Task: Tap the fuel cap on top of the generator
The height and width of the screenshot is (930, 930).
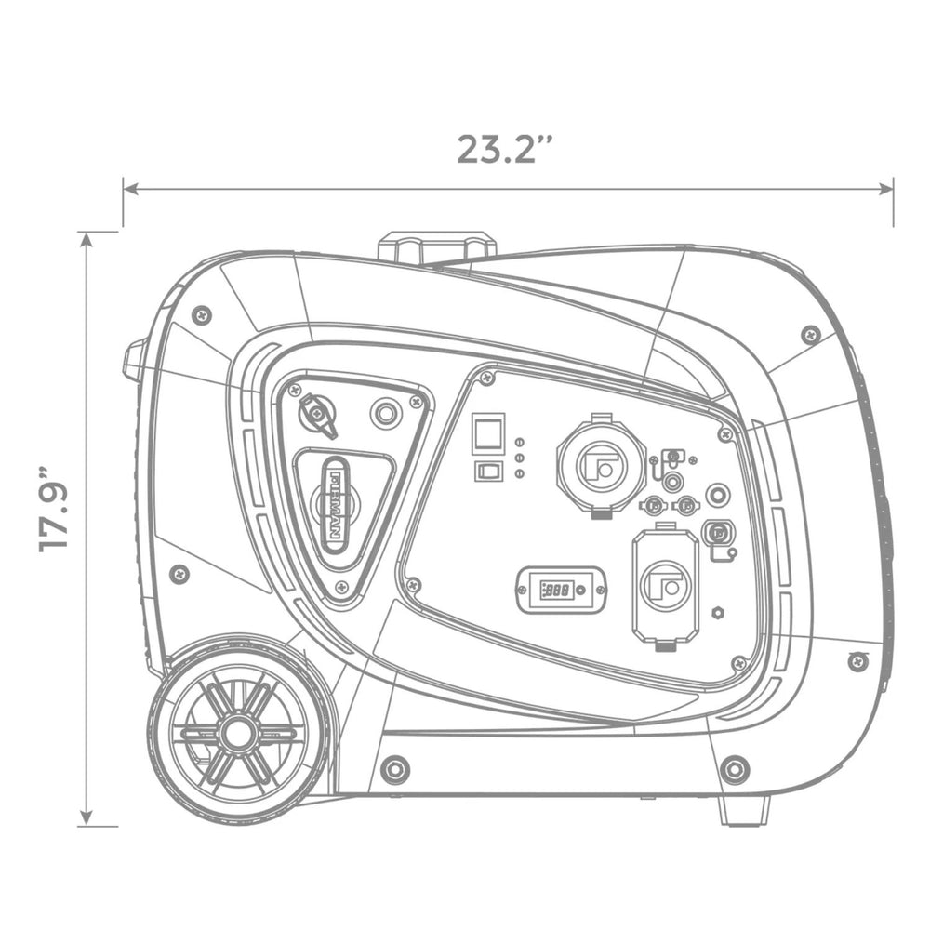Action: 436,247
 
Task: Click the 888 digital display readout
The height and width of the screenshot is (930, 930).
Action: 559,590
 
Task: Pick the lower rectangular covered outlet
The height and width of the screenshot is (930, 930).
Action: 665,586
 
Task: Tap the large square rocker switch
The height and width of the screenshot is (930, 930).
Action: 488,434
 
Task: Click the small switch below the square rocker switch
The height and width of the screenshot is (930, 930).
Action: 487,471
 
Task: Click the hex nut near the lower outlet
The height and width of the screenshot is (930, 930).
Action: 718,613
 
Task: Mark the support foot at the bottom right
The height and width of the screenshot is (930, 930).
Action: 743,810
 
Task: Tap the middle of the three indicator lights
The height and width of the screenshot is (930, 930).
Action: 519,458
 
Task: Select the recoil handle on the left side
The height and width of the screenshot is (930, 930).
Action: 136,361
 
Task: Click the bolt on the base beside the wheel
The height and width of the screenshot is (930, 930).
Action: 394,769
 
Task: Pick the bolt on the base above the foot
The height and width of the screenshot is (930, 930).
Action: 735,769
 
